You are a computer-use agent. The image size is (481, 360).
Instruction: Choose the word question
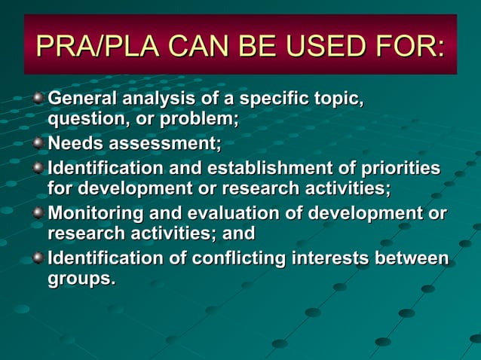82,119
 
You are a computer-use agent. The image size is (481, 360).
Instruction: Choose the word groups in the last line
80,279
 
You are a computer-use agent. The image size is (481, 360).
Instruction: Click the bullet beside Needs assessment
38,142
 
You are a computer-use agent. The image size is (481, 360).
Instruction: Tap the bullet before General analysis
38,98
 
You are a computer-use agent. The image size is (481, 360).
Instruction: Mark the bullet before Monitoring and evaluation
38,212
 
